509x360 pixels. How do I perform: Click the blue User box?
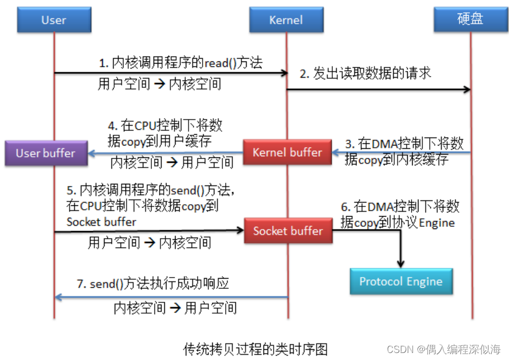pos(53,20)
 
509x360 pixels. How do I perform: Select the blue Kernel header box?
pos(285,20)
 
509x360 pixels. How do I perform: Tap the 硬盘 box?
pos(470,20)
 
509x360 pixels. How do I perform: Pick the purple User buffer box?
pos(46,153)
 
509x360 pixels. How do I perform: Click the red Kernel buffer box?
pos(287,153)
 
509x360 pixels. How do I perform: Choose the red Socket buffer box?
pos(288,231)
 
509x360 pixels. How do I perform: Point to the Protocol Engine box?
pos(401,281)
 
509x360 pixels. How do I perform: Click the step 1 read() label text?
pos(180,63)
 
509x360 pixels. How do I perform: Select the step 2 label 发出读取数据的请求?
pos(366,74)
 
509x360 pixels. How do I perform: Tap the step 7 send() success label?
pos(157,283)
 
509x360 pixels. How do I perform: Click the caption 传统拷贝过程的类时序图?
pos(255,349)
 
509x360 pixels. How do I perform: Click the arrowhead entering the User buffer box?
pos(92,154)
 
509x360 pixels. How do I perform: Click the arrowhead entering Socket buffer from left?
pos(240,231)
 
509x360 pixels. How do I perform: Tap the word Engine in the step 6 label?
pos(436,223)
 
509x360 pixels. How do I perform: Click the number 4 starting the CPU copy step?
pos(111,127)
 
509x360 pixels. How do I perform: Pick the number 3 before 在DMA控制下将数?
pos(348,144)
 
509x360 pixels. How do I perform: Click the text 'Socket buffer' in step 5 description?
pos(101,222)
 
